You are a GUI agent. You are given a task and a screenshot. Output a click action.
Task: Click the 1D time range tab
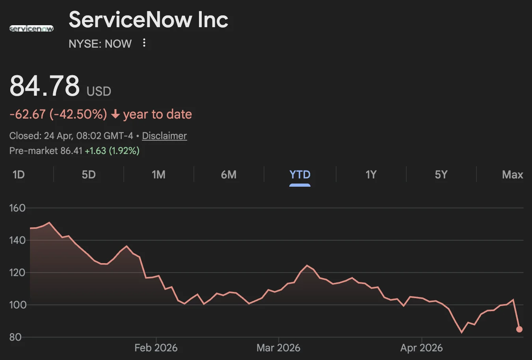pos(19,174)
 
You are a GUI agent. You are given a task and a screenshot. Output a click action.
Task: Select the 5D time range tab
pos(89,174)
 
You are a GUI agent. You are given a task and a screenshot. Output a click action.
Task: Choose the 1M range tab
pos(158,174)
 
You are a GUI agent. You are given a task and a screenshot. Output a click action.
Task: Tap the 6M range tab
pos(229,174)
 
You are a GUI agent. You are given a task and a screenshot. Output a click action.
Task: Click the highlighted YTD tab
pos(300,174)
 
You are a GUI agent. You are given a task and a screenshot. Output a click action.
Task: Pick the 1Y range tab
pos(371,174)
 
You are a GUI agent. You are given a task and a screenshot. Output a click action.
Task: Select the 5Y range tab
pos(441,174)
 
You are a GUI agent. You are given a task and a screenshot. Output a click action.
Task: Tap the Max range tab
pos(512,174)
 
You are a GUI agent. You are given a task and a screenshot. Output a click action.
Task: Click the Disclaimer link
pos(164,136)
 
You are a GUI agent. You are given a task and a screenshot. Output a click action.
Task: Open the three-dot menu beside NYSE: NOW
pos(144,43)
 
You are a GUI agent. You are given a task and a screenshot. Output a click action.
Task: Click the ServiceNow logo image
pos(32,28)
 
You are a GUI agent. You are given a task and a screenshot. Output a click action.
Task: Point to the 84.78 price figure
pos(45,86)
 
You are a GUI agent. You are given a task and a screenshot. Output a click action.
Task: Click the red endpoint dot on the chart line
pos(519,329)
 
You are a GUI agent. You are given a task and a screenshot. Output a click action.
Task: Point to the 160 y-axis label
pos(17,208)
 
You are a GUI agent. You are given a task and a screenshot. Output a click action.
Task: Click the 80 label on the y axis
pos(15,337)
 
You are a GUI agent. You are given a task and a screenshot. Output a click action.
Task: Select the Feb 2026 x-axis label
pos(156,348)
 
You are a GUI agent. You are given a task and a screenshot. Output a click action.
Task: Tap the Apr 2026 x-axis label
pos(421,348)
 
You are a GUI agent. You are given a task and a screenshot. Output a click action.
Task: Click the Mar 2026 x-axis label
pos(278,348)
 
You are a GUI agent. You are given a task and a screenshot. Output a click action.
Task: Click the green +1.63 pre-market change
pos(95,151)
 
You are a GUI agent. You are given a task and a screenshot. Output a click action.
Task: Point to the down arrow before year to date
pos(115,115)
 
